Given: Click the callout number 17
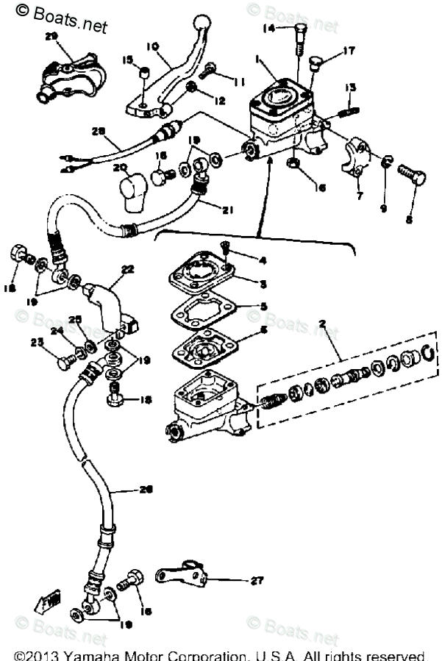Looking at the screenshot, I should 348,51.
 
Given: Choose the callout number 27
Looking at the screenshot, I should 256,581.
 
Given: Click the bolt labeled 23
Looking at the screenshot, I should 67,360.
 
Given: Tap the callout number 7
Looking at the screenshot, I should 359,196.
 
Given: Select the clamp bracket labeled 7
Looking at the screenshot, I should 358,155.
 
